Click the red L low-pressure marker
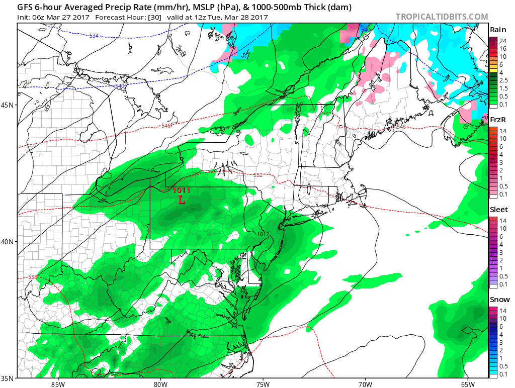pos(182,200)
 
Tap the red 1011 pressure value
pos(181,190)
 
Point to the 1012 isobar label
pos(263,234)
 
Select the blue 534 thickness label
pos(94,36)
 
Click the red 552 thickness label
pos(258,175)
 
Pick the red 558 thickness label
pos(33,277)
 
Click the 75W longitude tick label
pos(263,384)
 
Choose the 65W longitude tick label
pos(468,384)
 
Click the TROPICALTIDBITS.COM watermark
pos(442,17)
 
